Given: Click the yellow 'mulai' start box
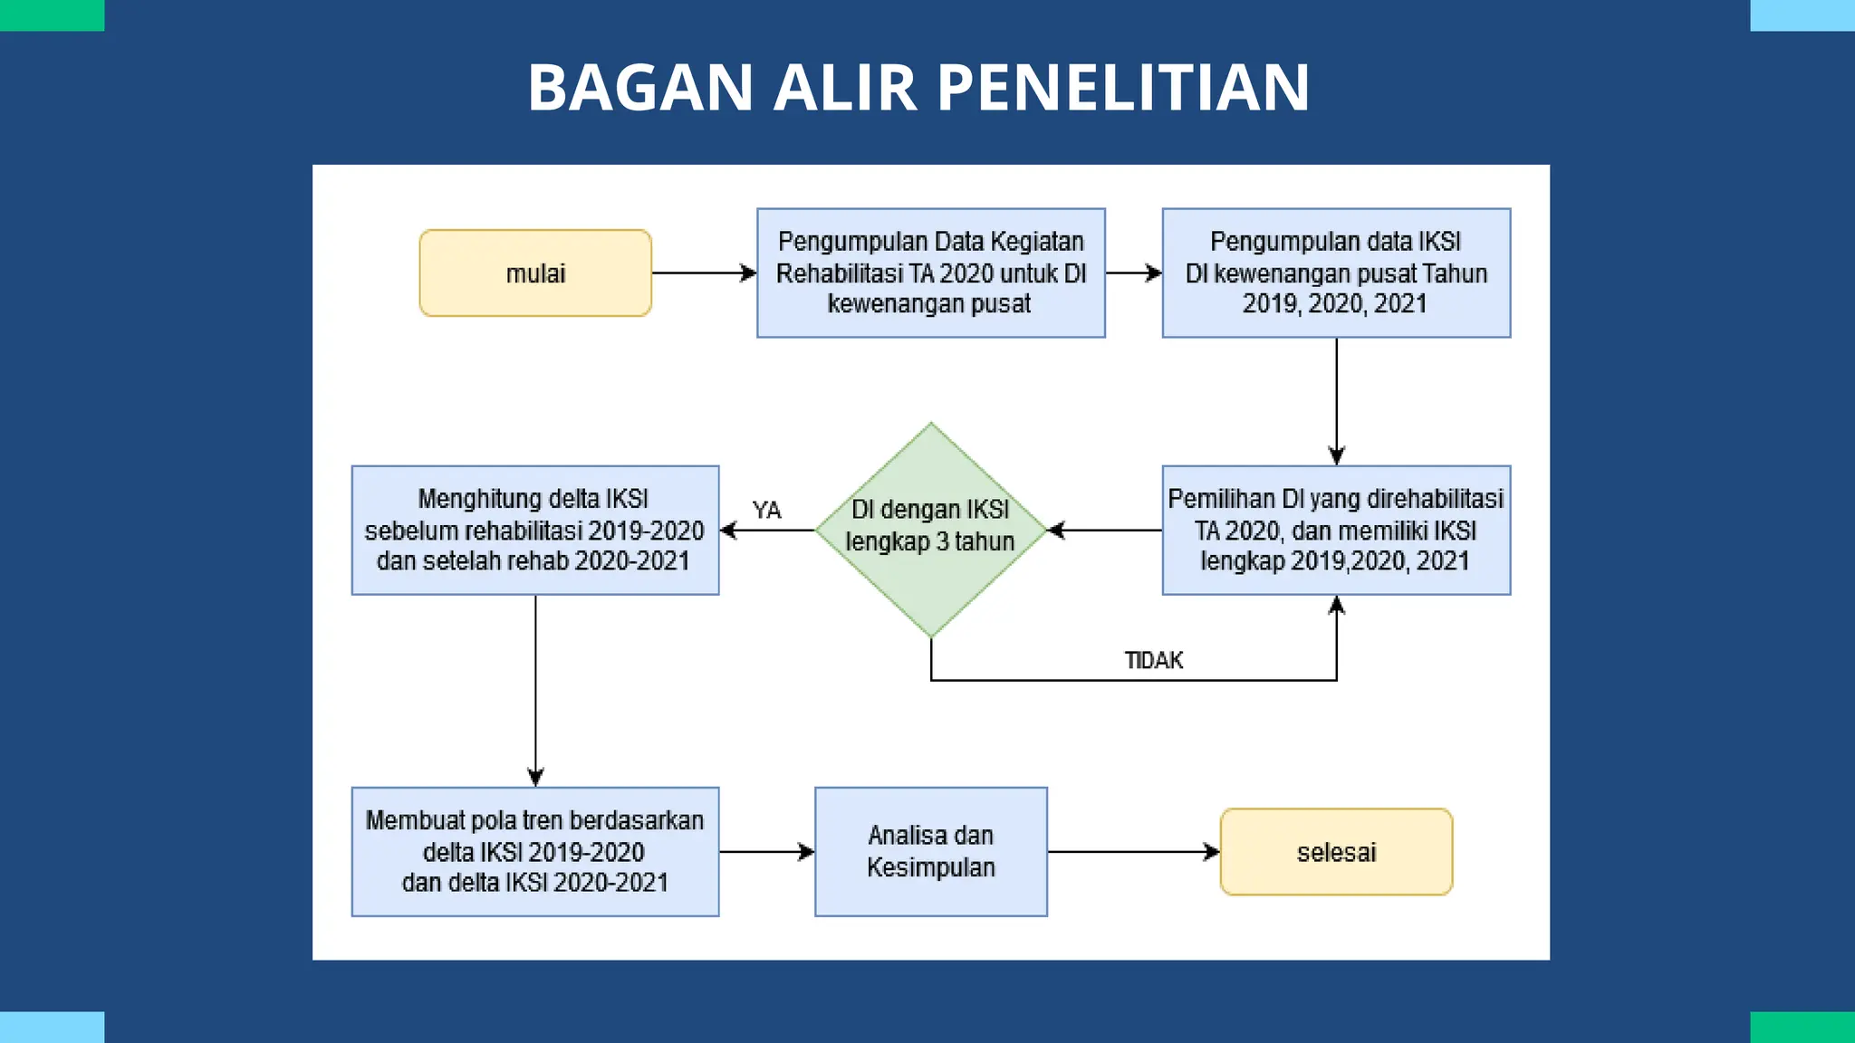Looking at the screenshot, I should click(535, 273).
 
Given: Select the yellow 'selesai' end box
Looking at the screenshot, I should click(1336, 852).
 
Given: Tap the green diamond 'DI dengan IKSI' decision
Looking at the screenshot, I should click(930, 530).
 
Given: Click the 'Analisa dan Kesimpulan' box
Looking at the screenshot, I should click(930, 852).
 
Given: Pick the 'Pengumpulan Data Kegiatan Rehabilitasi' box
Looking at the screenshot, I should click(930, 273).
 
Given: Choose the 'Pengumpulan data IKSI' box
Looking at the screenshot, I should click(1336, 273).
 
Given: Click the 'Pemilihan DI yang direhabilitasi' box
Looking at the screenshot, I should click(1336, 531).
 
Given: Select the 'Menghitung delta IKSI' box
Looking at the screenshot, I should click(535, 531).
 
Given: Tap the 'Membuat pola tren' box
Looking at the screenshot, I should click(535, 852).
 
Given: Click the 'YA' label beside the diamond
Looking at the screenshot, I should click(766, 511).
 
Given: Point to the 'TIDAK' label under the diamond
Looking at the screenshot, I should click(1153, 660).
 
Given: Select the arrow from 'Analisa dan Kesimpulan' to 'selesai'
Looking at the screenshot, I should click(1133, 852).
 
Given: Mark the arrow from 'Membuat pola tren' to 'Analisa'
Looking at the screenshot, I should click(766, 852).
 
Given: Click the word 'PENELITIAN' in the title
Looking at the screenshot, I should click(1122, 88).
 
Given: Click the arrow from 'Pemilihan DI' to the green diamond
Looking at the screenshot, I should click(1104, 531).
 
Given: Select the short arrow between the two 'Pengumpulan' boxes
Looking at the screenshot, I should click(1133, 273).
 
